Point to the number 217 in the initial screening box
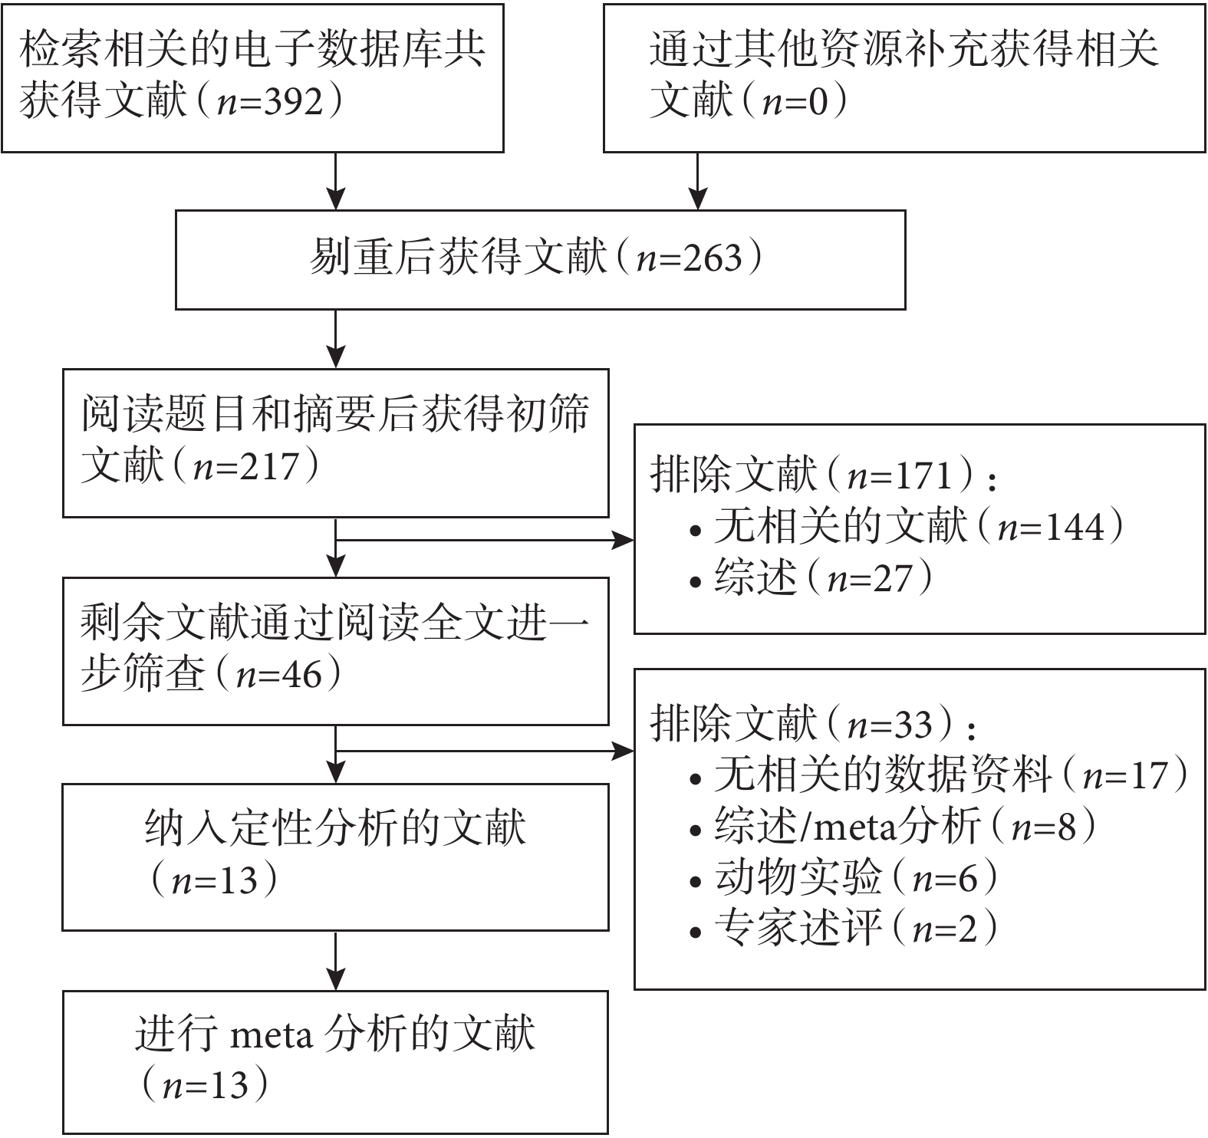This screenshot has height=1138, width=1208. pyautogui.click(x=268, y=466)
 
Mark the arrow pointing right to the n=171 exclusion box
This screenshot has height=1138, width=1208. pyautogui.click(x=485, y=541)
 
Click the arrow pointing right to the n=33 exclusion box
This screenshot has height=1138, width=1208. pyautogui.click(x=485, y=751)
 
